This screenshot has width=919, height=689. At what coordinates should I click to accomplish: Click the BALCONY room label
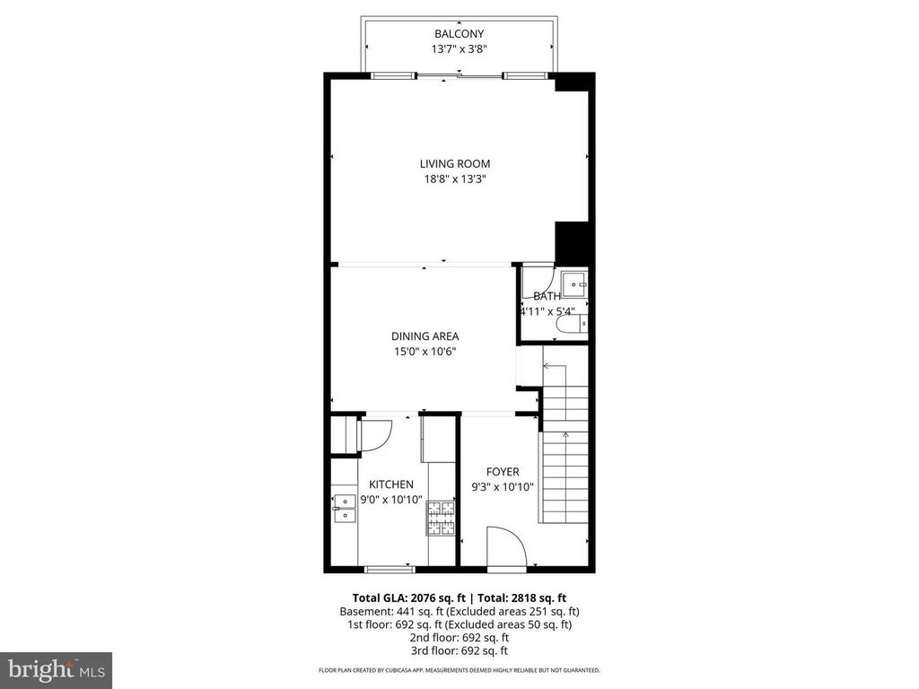(459, 34)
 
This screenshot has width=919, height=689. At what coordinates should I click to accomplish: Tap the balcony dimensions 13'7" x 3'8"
(459, 49)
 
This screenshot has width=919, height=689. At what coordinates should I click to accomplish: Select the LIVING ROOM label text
(455, 163)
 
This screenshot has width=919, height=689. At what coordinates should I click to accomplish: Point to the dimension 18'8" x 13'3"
(455, 179)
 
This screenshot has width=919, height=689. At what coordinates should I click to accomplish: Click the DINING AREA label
(424, 336)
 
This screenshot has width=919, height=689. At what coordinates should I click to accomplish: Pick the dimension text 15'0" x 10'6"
(424, 352)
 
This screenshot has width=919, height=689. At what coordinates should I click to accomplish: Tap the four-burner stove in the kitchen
(441, 518)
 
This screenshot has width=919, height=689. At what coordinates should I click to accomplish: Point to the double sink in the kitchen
(343, 507)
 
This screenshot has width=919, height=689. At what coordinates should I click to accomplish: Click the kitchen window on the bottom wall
(389, 568)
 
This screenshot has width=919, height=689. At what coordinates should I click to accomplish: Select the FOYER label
(503, 472)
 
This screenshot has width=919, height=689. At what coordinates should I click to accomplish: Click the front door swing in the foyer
(504, 546)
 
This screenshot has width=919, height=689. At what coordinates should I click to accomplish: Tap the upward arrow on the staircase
(565, 437)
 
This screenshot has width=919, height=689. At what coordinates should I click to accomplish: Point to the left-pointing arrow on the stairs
(547, 366)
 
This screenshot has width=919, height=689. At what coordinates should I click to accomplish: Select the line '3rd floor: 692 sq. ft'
(459, 650)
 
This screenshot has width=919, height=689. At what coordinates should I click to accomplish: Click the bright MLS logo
(56, 669)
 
